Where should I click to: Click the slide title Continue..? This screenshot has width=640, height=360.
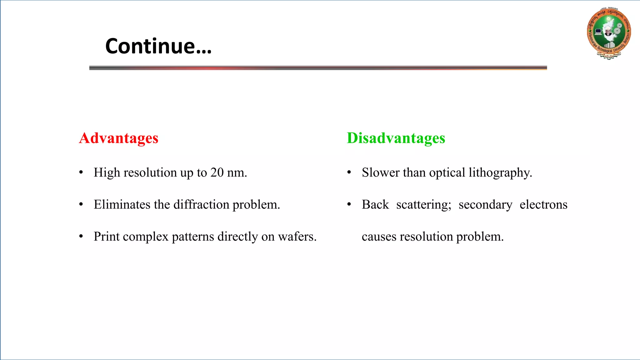tap(158, 46)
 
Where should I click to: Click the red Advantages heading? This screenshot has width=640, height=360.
tap(118, 138)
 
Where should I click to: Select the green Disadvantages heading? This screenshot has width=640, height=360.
tap(396, 138)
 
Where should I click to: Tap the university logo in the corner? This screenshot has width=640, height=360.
tap(609, 33)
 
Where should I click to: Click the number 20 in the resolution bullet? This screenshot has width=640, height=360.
tap(217, 172)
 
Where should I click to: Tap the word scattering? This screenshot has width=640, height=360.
tap(423, 205)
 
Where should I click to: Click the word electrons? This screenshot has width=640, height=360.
tap(543, 205)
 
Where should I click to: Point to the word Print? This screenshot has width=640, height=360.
tap(107, 237)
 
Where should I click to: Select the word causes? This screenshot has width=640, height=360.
tap(379, 237)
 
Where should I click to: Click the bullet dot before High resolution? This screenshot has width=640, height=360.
tap(81, 172)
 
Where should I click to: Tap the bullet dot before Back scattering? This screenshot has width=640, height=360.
tap(349, 204)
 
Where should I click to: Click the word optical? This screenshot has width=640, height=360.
tap(447, 173)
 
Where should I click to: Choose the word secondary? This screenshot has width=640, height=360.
tap(485, 205)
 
